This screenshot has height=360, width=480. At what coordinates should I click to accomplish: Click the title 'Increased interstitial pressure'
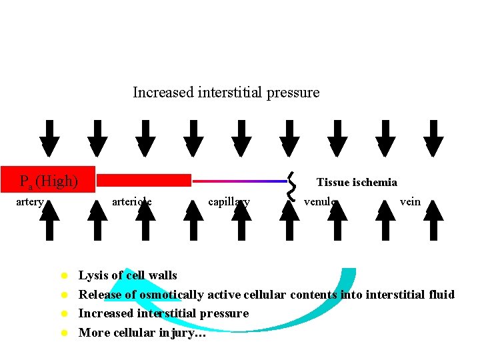click(226, 93)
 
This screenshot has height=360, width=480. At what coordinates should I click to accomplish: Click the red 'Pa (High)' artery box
click(48, 181)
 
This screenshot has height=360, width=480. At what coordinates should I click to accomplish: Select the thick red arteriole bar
click(145, 180)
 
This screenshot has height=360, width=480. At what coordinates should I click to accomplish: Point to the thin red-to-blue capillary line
click(239, 181)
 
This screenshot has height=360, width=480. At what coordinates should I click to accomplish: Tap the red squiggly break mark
click(291, 185)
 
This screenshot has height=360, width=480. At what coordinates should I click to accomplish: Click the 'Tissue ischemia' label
click(357, 182)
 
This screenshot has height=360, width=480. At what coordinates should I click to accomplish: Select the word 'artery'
click(30, 201)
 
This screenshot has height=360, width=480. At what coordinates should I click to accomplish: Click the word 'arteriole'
click(131, 201)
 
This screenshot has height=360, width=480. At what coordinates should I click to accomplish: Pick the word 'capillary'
click(229, 201)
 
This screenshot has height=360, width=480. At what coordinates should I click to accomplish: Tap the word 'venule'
click(321, 201)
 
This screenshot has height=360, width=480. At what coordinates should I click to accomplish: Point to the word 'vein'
click(410, 201)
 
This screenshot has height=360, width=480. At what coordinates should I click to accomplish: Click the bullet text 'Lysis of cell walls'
click(128, 275)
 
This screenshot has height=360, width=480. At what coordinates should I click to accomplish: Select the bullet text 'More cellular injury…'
click(142, 333)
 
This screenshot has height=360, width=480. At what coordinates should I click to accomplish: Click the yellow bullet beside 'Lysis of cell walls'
click(65, 275)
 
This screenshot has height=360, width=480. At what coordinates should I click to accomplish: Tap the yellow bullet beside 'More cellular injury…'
click(65, 333)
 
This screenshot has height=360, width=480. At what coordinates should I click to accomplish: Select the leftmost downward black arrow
click(49, 139)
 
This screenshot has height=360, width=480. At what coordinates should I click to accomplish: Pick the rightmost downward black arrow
click(433, 139)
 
